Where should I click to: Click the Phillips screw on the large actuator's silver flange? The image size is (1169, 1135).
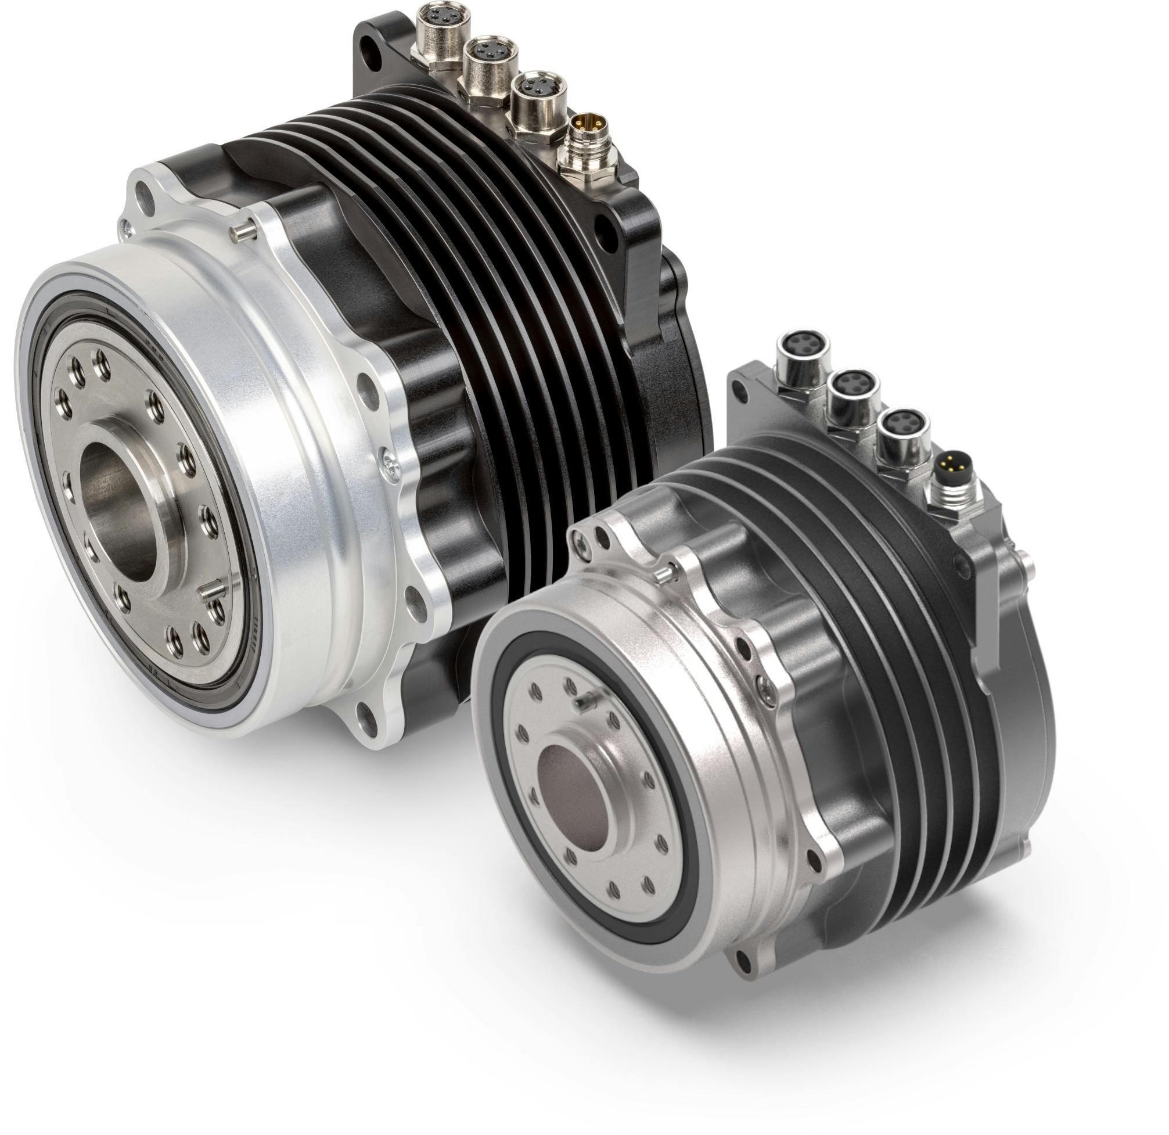pyautogui.click(x=391, y=466)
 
